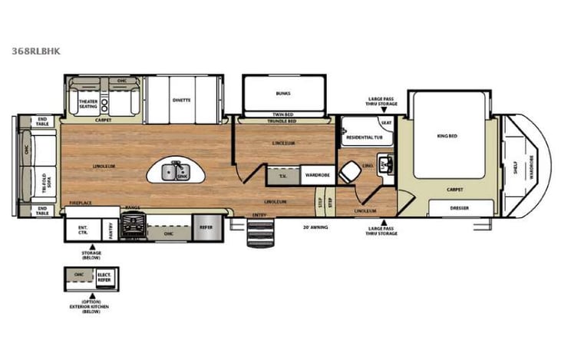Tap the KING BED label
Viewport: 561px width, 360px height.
[x=447, y=136]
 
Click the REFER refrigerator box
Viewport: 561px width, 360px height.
[x=206, y=227]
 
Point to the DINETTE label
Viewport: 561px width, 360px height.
[x=182, y=100]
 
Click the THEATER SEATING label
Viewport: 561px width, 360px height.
[x=88, y=104]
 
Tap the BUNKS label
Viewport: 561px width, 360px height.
[x=283, y=94]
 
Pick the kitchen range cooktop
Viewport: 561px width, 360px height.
[x=137, y=226]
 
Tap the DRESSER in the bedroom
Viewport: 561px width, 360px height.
[x=460, y=207]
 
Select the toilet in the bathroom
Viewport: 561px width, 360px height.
[x=349, y=172]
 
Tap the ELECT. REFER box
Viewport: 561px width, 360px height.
[x=103, y=277]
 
